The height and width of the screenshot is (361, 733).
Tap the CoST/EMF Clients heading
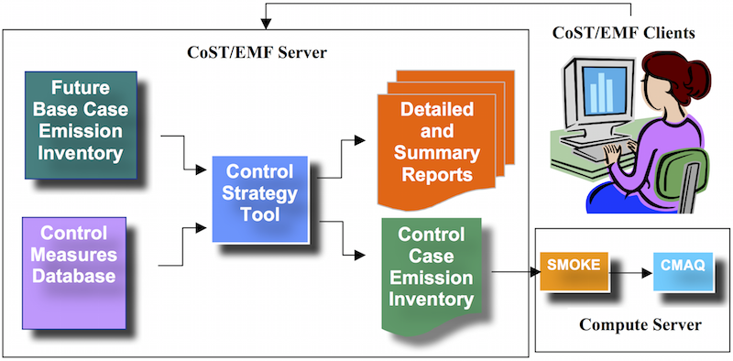click(623, 33)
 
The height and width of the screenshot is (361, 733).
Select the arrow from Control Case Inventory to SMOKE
click(513, 272)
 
